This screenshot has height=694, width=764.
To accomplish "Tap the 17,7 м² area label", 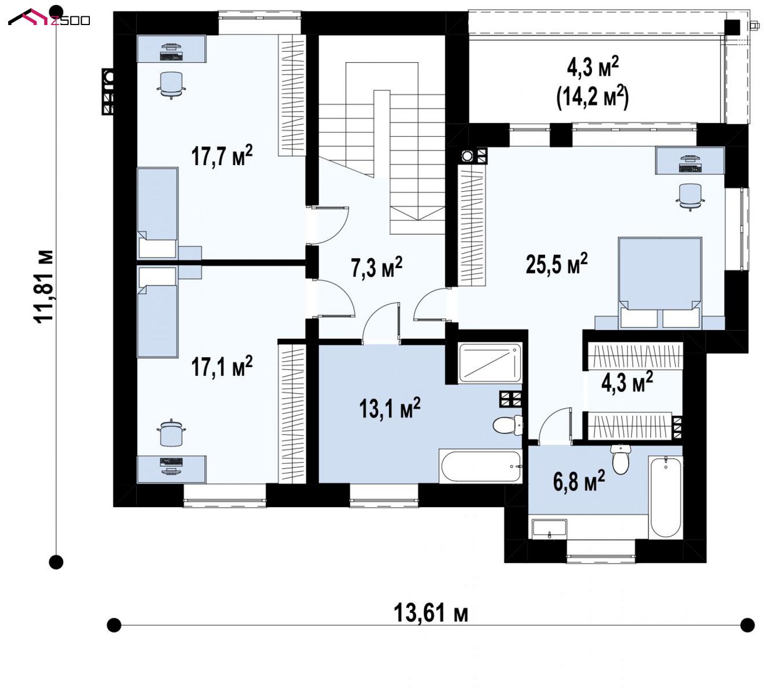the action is click(x=222, y=155).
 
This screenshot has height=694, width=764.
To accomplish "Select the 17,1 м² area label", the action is click(x=222, y=366).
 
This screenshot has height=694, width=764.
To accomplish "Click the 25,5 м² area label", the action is click(x=557, y=263).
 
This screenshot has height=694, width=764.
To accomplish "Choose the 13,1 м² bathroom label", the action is click(x=389, y=408).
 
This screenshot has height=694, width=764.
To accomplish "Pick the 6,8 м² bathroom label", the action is click(x=579, y=480).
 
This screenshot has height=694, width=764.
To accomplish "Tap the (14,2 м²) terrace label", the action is click(x=592, y=98).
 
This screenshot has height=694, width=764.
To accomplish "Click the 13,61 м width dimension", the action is click(x=431, y=612).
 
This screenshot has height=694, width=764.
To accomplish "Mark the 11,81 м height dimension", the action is click(x=44, y=287).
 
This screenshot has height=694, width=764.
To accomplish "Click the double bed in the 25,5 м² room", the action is click(x=660, y=283).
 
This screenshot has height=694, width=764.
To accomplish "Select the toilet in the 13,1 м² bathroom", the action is click(x=508, y=424).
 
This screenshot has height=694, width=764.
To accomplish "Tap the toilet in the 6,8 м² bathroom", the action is click(x=620, y=459).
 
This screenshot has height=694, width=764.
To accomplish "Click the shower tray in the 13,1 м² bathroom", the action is click(x=490, y=363).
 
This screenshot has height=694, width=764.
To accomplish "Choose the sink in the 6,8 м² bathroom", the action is click(x=549, y=528).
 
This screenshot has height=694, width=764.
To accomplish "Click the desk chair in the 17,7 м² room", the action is click(x=171, y=85).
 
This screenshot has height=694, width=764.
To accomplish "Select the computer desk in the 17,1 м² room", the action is click(x=172, y=469).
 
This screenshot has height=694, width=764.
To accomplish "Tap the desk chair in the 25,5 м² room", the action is click(x=690, y=197).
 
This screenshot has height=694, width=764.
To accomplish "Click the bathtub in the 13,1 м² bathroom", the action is click(x=480, y=466).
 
